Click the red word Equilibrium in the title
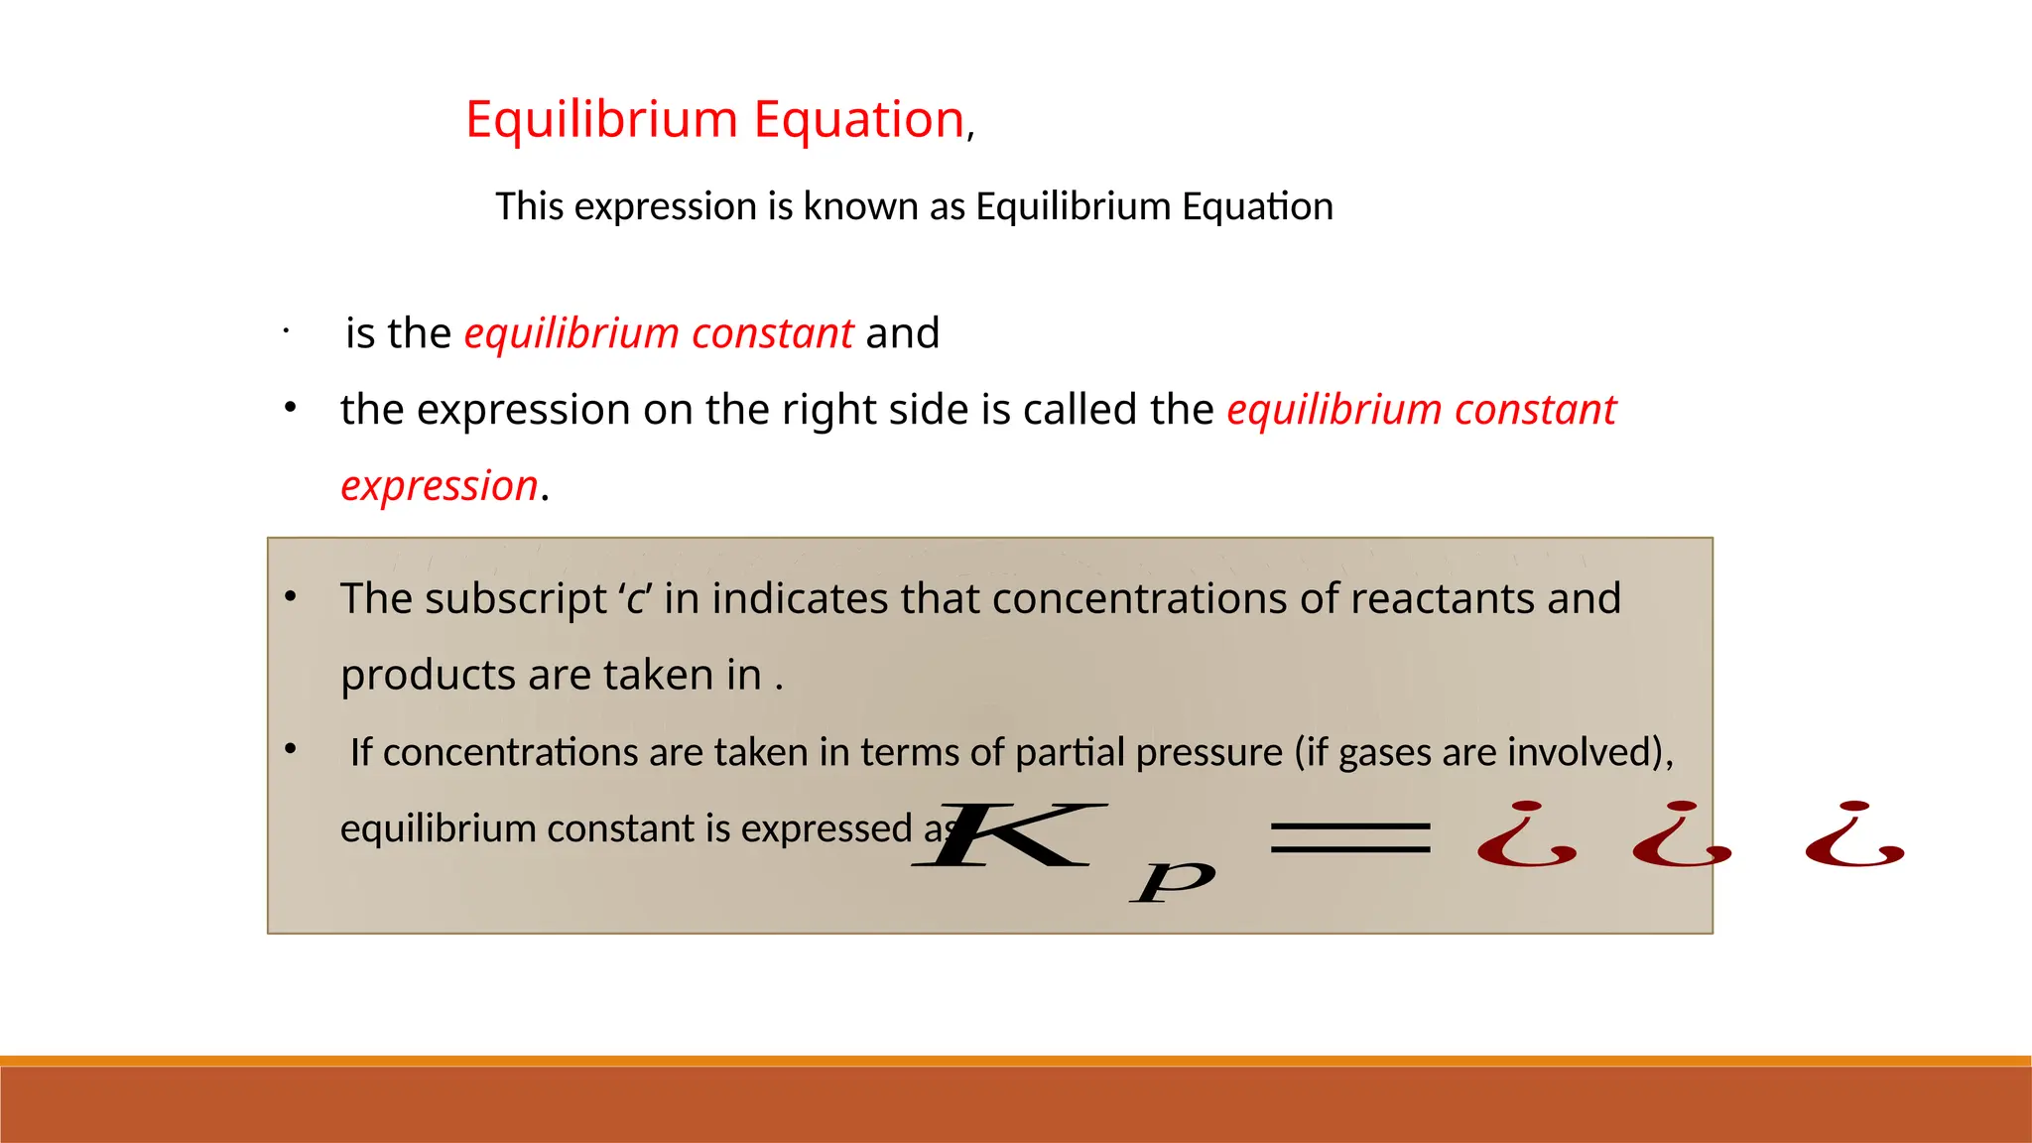pyautogui.click(x=601, y=119)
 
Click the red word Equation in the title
pyautogui.click(x=858, y=119)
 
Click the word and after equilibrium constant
pyautogui.click(x=902, y=333)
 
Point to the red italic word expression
pyautogui.click(x=439, y=486)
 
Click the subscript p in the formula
pyautogui.click(x=1173, y=881)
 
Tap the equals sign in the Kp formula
pyautogui.click(x=1350, y=838)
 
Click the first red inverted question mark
pyautogui.click(x=1526, y=835)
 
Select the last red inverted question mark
pyautogui.click(x=1853, y=835)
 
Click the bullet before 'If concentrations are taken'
pyautogui.click(x=291, y=749)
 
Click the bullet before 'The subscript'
pyautogui.click(x=291, y=597)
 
